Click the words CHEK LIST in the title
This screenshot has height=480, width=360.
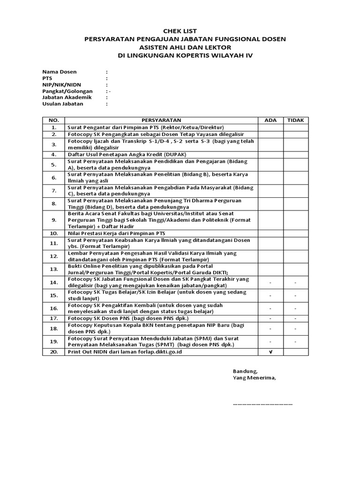[x=180, y=31]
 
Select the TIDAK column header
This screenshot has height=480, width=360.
[x=295, y=120]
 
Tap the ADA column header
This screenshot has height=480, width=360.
[x=270, y=120]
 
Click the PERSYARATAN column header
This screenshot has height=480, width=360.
[x=161, y=120]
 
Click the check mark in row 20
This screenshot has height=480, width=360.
[x=270, y=352]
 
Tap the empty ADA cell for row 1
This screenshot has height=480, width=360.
[x=270, y=127]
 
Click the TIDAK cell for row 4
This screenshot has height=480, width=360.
[x=295, y=154]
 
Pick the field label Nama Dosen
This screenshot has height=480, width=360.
[x=59, y=72]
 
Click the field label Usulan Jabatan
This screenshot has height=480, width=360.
[x=62, y=104]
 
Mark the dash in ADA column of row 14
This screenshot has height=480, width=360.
[x=270, y=283]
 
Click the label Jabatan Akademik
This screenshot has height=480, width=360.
[x=67, y=97]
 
